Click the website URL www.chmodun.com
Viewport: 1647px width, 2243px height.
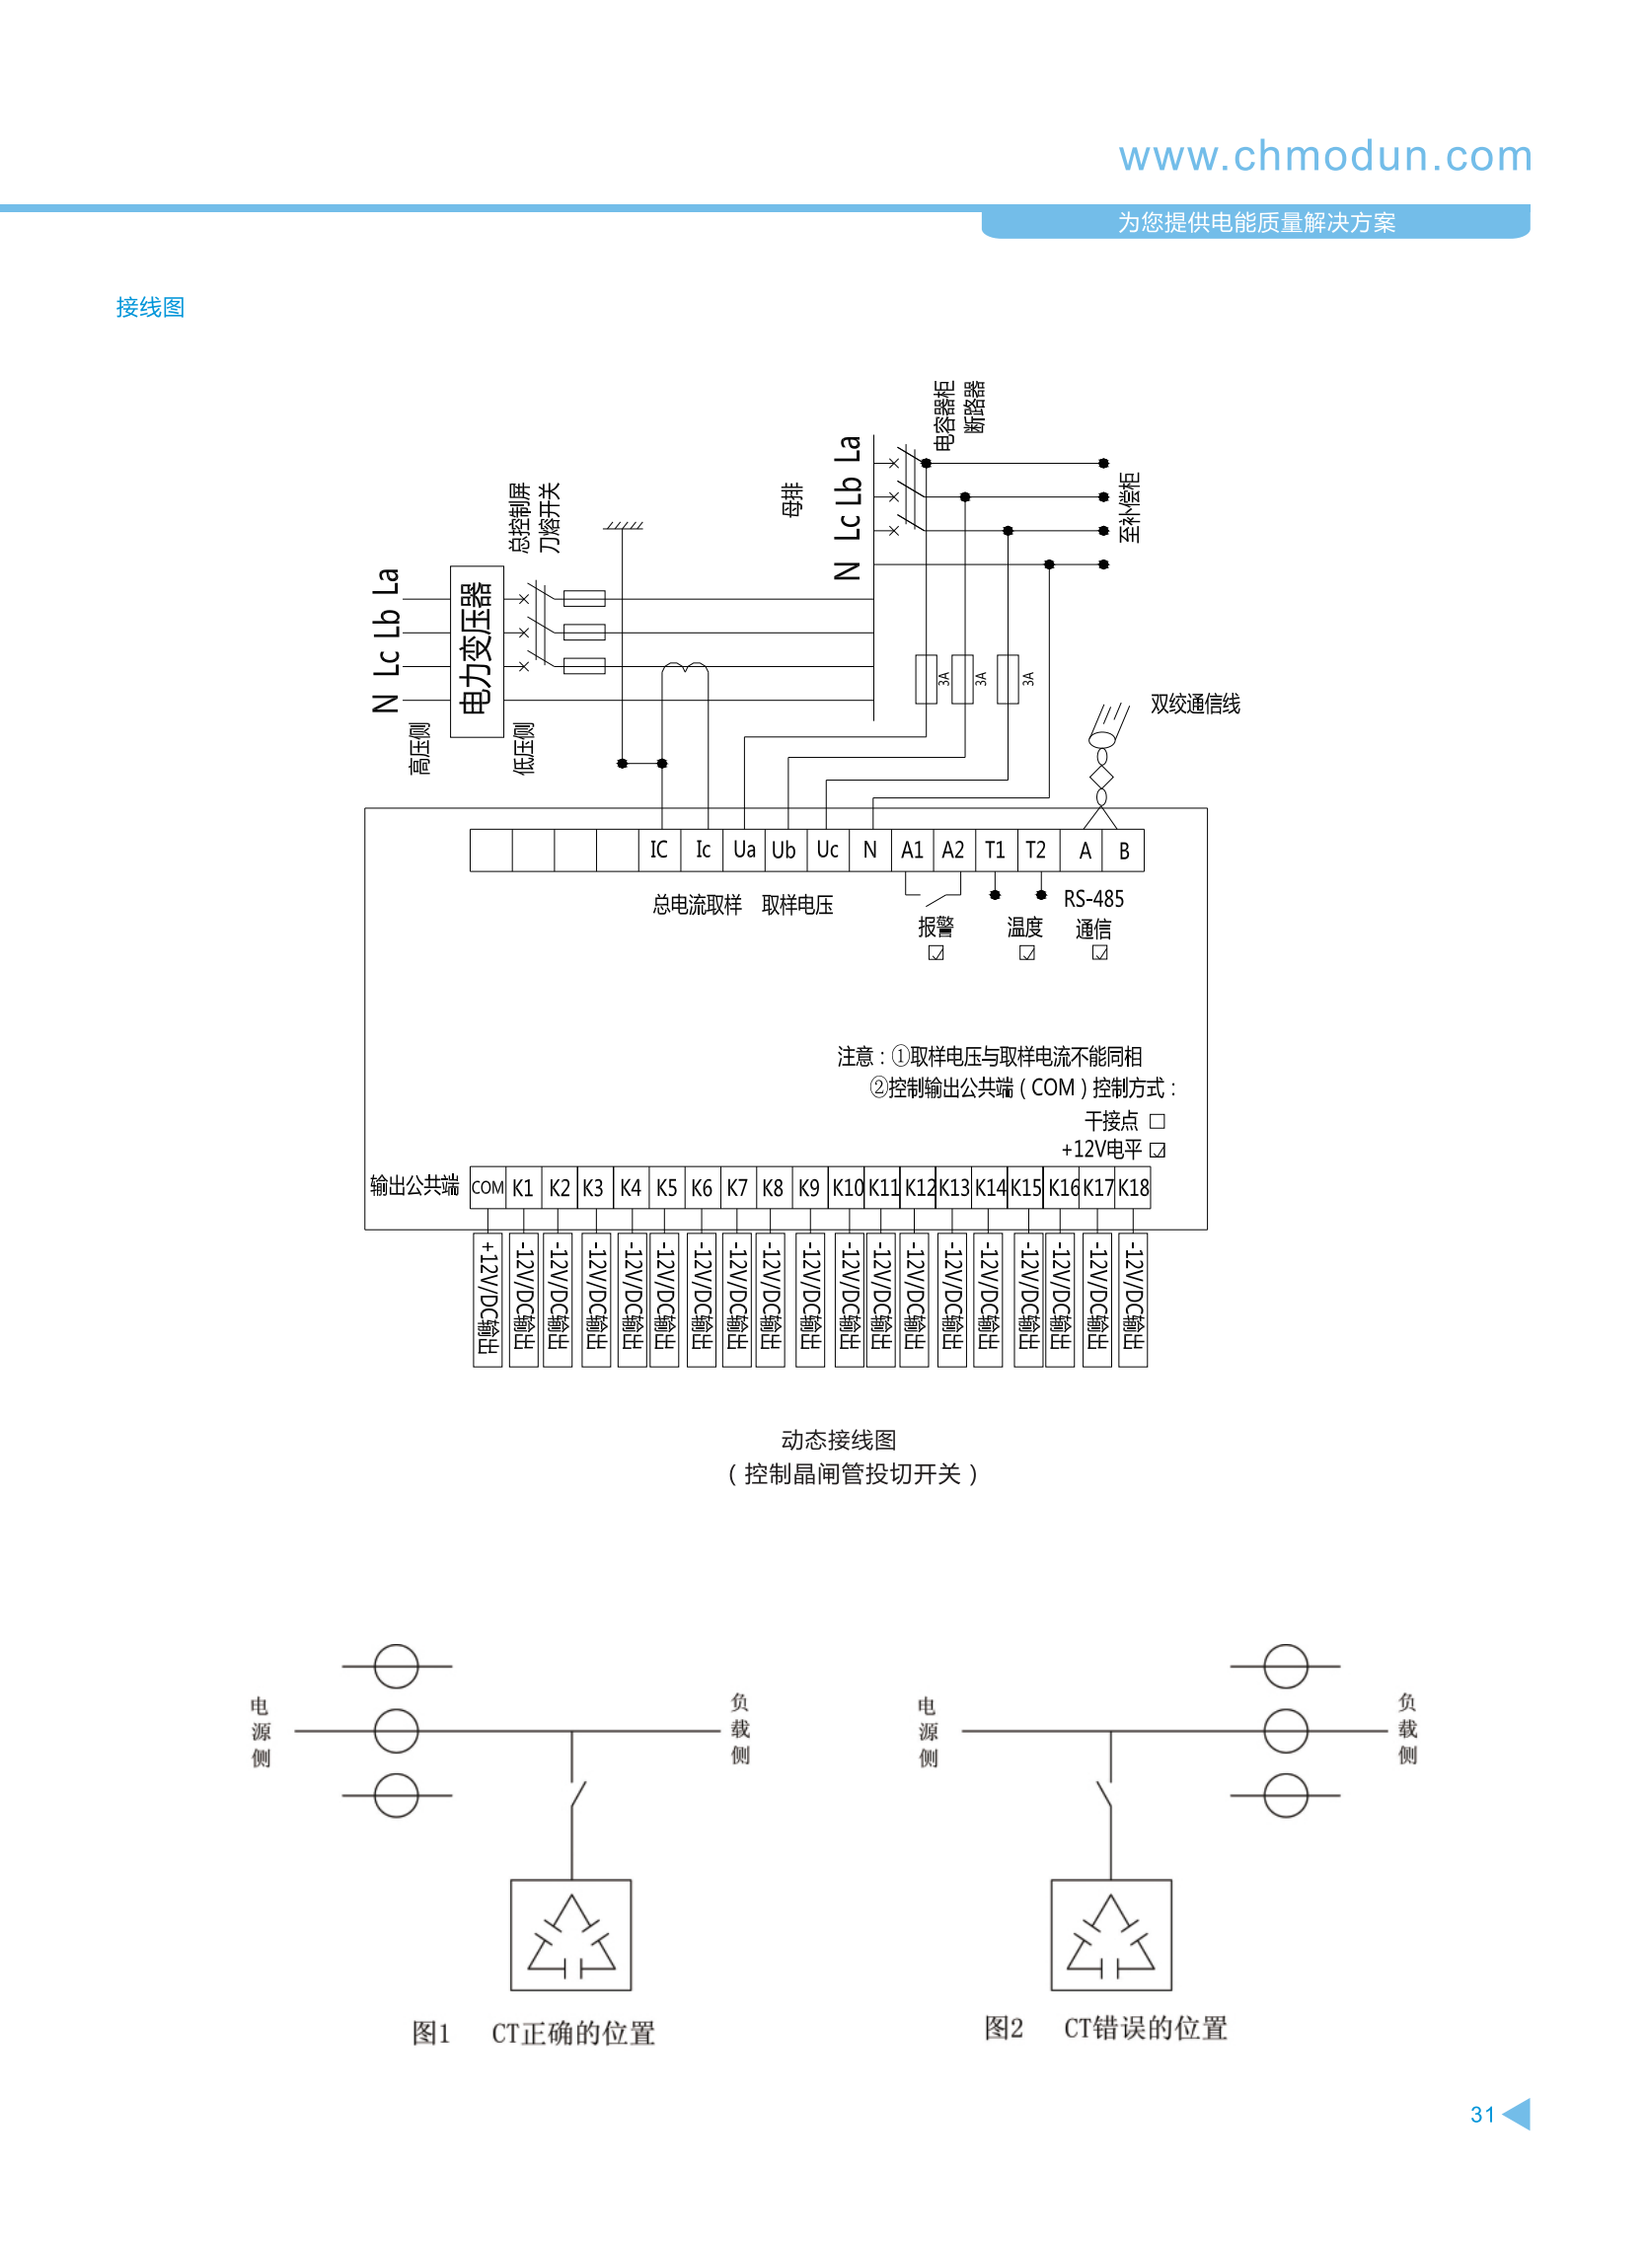click(x=1324, y=157)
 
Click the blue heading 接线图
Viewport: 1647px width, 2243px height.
click(x=150, y=307)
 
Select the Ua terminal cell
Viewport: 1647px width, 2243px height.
click(x=744, y=851)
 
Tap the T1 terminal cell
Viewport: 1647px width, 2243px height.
click(x=995, y=851)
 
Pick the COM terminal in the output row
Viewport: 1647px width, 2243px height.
click(x=487, y=1187)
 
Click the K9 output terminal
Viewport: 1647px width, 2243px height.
click(x=808, y=1187)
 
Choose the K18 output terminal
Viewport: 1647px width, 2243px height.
click(x=1133, y=1187)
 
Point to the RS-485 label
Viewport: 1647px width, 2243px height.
click(x=1093, y=899)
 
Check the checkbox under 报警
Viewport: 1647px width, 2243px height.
click(x=936, y=953)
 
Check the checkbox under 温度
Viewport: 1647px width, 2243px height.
click(x=1027, y=953)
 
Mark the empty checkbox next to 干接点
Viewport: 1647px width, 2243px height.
click(x=1157, y=1121)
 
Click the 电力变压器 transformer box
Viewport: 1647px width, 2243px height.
click(x=477, y=651)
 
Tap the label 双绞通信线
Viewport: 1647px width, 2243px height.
click(x=1194, y=704)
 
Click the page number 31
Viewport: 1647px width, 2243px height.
click(x=1482, y=2115)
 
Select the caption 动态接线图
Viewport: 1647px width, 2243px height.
click(x=839, y=1440)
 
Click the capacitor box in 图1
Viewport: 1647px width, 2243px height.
click(x=570, y=1935)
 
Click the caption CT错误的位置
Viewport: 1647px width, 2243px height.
click(x=1146, y=2028)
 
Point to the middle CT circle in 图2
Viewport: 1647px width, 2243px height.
click(x=1285, y=1731)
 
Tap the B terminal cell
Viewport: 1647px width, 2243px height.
click(x=1124, y=851)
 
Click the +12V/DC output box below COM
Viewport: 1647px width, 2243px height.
click(x=487, y=1300)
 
